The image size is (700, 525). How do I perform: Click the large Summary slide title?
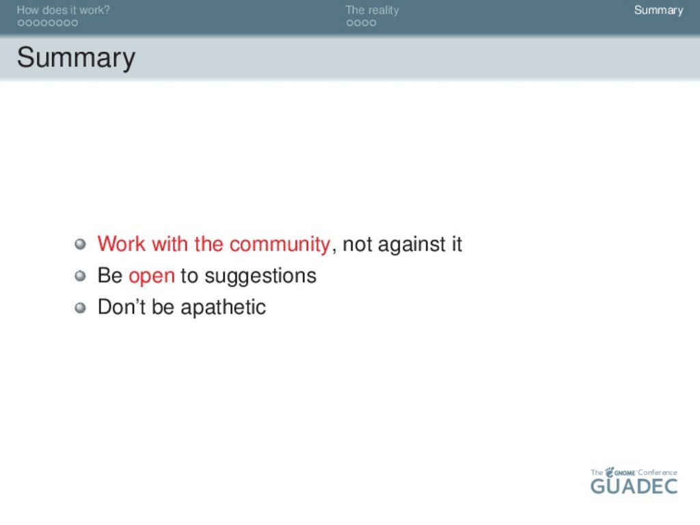click(x=76, y=59)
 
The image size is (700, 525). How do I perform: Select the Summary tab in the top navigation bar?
click(x=658, y=10)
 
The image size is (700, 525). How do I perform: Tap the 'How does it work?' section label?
click(x=63, y=10)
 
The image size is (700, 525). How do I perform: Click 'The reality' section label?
click(x=372, y=10)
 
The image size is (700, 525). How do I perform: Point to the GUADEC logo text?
click(x=634, y=486)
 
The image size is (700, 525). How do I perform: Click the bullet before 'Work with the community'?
click(x=81, y=244)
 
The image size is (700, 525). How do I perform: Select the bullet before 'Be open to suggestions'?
click(x=81, y=276)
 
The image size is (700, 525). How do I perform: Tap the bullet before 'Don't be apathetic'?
click(x=81, y=308)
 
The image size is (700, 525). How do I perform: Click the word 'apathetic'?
click(x=224, y=307)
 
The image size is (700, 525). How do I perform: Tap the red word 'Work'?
click(x=122, y=244)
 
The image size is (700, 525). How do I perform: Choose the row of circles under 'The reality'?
click(x=361, y=23)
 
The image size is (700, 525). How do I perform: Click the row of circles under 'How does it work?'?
click(x=48, y=23)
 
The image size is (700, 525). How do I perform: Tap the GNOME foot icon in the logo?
click(x=609, y=472)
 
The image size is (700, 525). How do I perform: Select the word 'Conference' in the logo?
click(x=657, y=472)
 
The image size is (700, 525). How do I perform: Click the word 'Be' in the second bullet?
click(x=110, y=276)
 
